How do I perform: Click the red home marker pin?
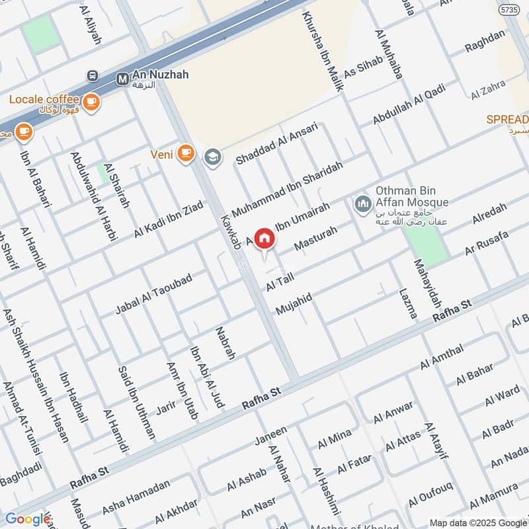click(x=264, y=239)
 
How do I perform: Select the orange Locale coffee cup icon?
click(x=91, y=102)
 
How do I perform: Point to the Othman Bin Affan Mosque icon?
click(x=362, y=203)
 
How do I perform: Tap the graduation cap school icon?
click(x=212, y=156)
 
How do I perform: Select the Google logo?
click(x=28, y=519)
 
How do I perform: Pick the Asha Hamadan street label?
click(x=136, y=497)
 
